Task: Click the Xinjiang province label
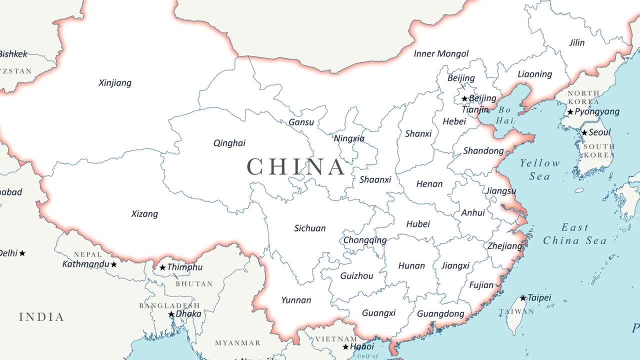coord(115,83)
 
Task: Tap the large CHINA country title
coord(296,167)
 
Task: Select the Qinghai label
coord(229,143)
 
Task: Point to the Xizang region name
coord(144,214)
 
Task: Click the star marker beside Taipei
coord(523,298)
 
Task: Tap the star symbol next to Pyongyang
coord(570,112)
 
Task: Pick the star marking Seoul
coord(584,132)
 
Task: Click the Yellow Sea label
coord(540,169)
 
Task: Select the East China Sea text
coord(574,234)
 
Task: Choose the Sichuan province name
coord(309,228)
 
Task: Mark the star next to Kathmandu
coord(114,264)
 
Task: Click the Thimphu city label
coord(185,267)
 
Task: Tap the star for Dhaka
coord(171,314)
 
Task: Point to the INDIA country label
coord(41,317)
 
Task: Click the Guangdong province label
coord(440,314)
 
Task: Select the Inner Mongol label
coord(441,53)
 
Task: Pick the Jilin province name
coord(576,43)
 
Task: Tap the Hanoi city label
coord(362,346)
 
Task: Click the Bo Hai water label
coord(505,114)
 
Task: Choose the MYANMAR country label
coord(237,343)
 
